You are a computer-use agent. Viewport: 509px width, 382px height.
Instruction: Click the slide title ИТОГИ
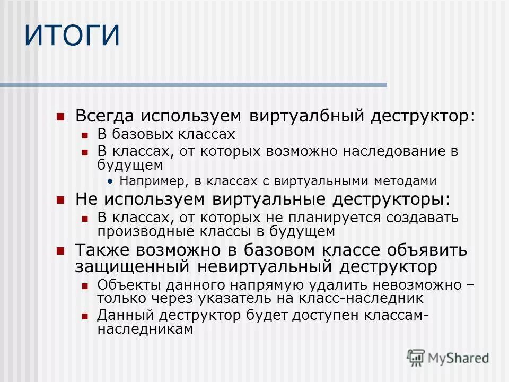point(73,36)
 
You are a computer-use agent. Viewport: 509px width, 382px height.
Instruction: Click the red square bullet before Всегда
point(60,116)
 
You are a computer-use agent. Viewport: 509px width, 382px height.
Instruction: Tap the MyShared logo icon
point(416,358)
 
